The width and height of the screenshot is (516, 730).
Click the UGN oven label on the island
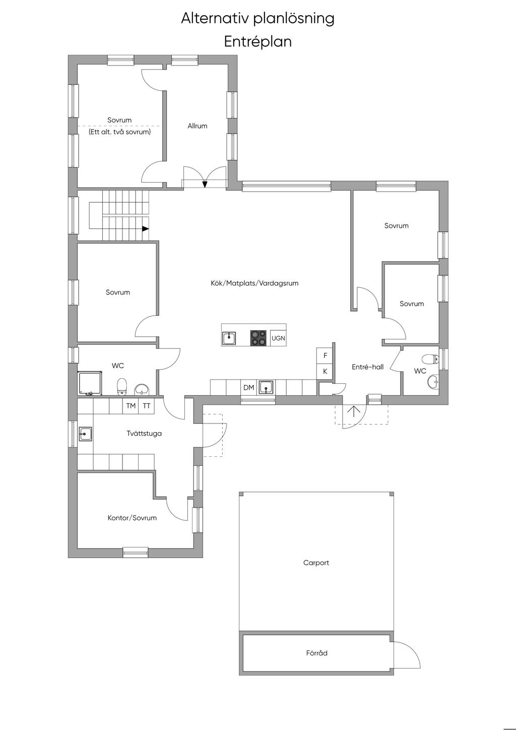click(278, 338)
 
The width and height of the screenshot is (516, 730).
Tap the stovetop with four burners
click(259, 338)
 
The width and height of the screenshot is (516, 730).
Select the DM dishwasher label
click(248, 388)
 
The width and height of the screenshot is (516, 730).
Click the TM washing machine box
click(131, 406)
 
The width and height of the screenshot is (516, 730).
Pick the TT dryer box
click(147, 406)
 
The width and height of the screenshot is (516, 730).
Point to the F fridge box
click(325, 355)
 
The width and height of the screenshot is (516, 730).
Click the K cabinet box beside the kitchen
click(325, 371)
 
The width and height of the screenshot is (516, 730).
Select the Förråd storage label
click(316, 653)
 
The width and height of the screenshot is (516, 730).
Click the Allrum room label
click(198, 126)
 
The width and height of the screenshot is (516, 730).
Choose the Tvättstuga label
click(144, 434)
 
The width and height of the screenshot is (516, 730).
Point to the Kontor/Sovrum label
click(132, 518)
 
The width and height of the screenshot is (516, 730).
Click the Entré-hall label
click(367, 367)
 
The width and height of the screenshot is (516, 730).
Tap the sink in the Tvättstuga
click(85, 434)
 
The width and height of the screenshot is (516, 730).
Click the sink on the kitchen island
click(229, 338)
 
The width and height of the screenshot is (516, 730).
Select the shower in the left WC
click(90, 383)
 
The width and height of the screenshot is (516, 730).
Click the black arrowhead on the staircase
click(146, 229)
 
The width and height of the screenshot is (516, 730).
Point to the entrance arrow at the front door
click(353, 411)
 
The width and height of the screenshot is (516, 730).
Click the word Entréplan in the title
click(257, 42)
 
